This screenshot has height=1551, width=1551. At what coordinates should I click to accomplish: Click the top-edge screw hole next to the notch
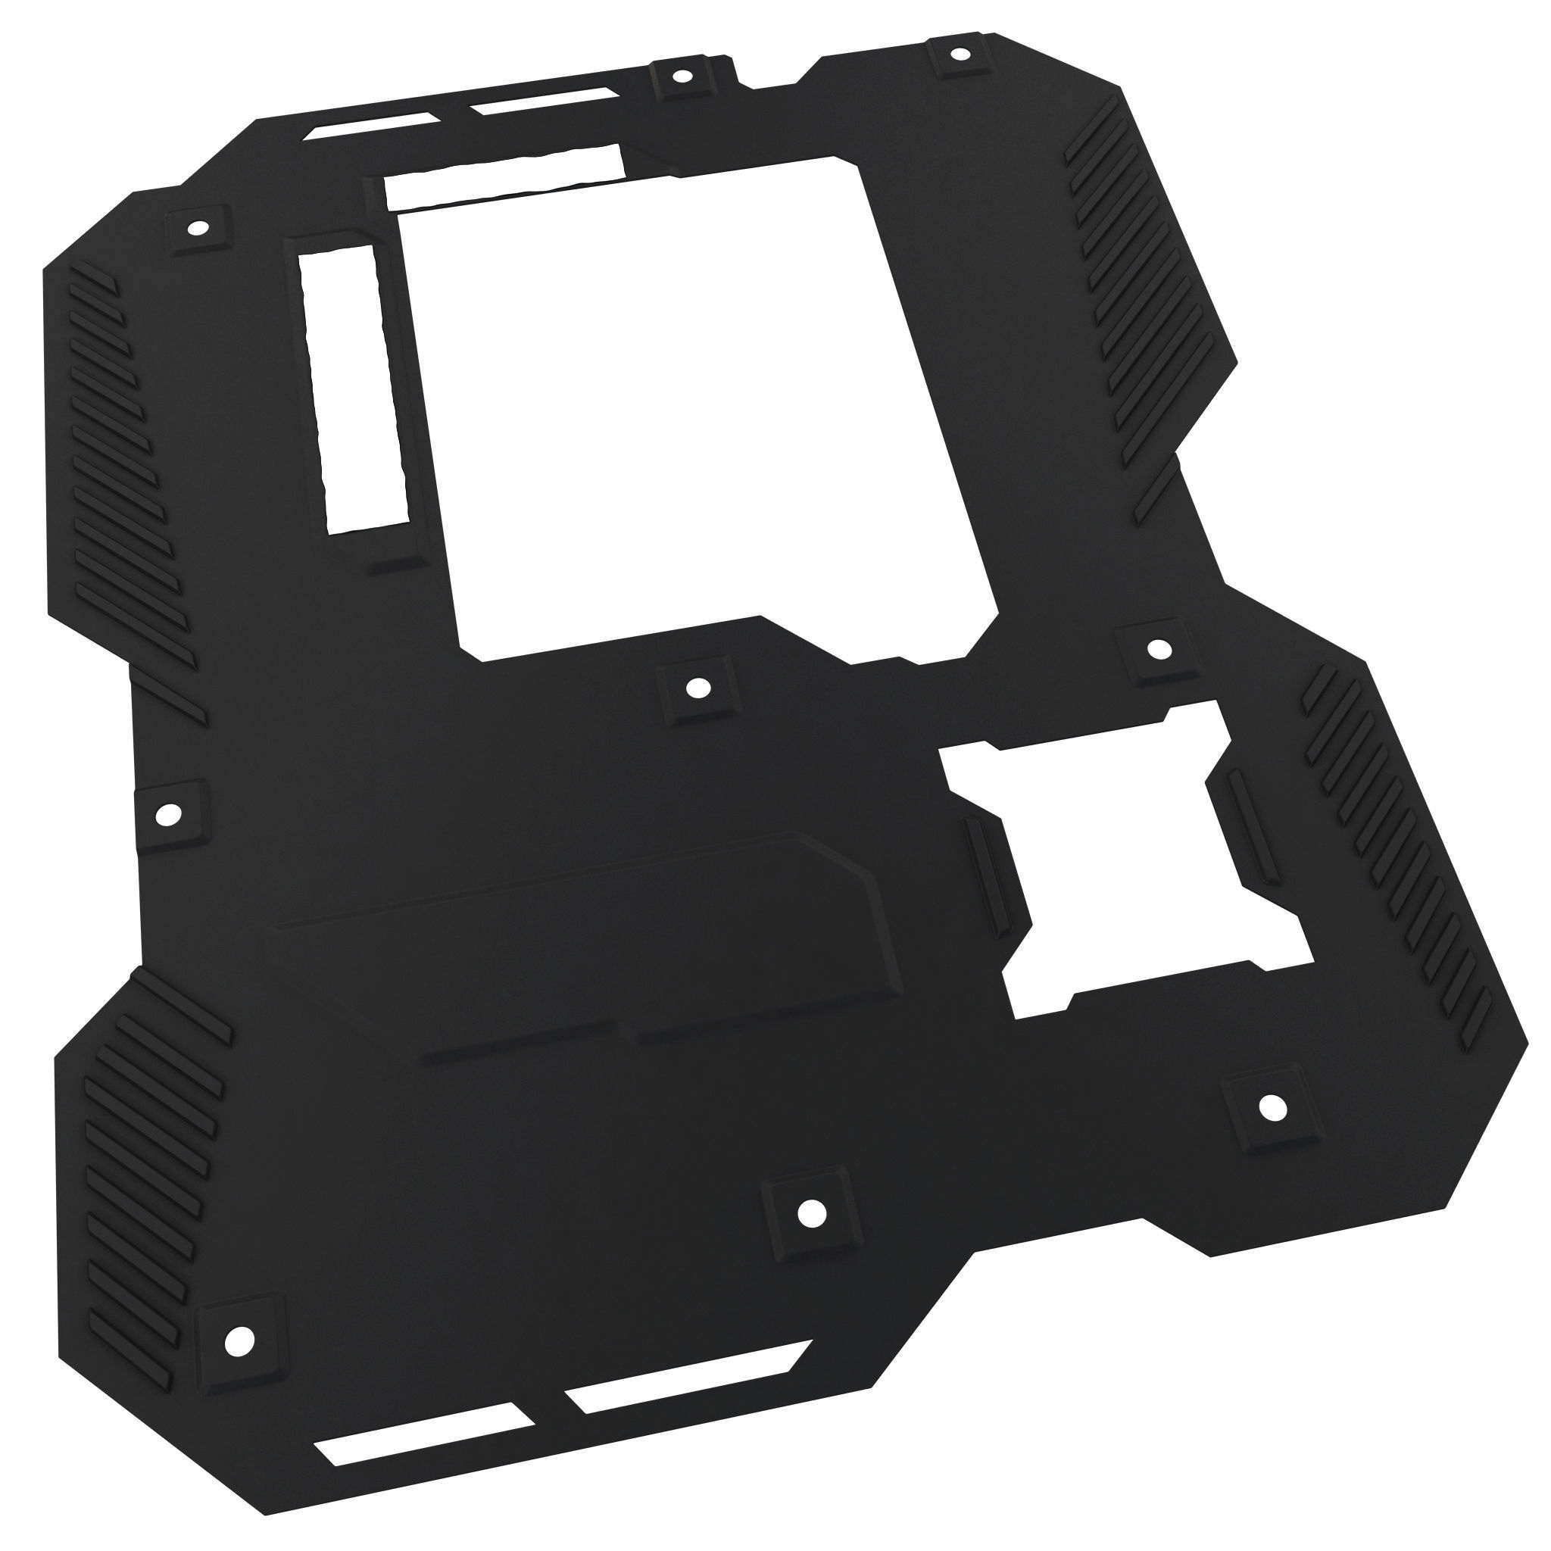click(x=682, y=77)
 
